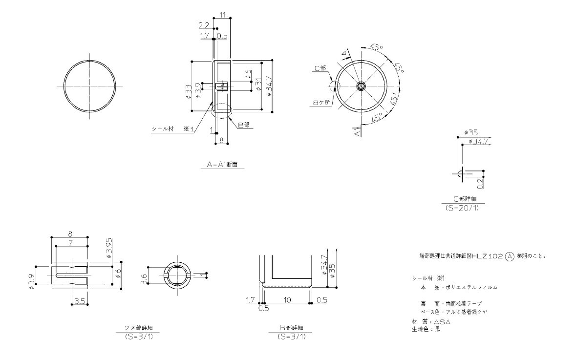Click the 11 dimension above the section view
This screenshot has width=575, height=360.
(222, 15)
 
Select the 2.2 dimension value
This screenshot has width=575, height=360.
(204, 25)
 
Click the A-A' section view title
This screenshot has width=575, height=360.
(222, 165)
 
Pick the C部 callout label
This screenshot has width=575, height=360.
(320, 69)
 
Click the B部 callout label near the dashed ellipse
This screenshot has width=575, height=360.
(243, 125)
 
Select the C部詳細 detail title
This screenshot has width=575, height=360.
(468, 199)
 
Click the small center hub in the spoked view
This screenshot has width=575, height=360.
(361, 86)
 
